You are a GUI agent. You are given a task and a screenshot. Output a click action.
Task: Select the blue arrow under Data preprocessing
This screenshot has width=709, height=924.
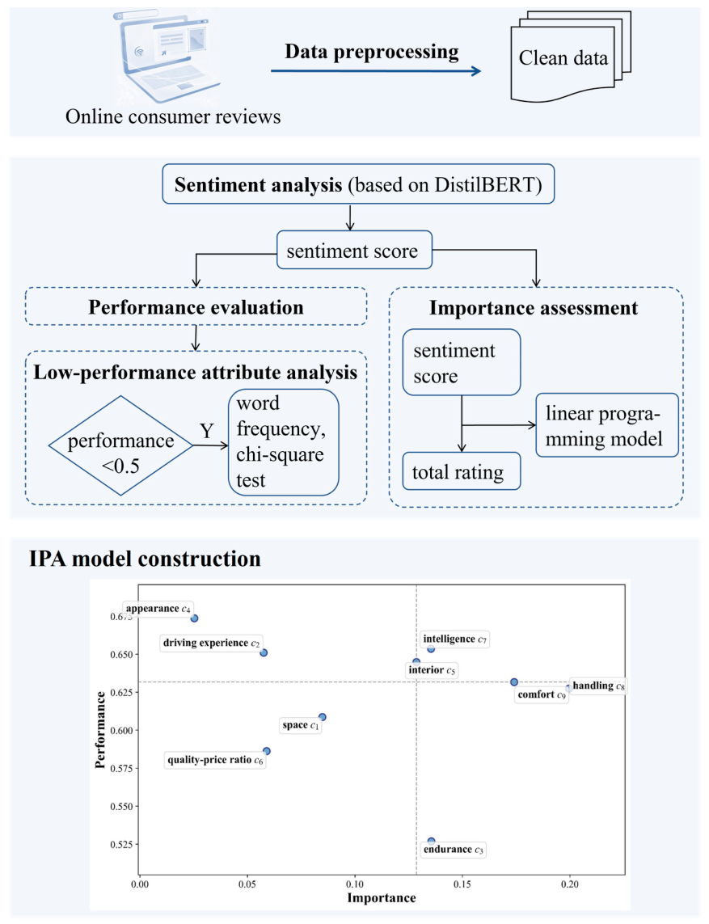coord(376,70)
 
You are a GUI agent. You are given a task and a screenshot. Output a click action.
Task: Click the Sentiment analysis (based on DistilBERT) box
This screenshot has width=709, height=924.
coord(358,184)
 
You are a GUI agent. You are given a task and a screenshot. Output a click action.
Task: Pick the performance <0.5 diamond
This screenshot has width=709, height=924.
coord(120,445)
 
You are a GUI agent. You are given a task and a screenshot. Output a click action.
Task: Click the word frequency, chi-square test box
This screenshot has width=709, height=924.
coord(284,442)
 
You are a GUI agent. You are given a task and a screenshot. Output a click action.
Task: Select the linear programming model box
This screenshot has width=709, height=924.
coord(607,425)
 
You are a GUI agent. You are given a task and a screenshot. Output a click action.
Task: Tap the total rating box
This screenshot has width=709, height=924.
coord(462,470)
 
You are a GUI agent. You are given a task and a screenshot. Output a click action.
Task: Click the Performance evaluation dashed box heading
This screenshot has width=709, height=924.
coord(196,306)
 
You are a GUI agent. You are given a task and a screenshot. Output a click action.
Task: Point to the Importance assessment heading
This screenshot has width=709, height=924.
coord(534,308)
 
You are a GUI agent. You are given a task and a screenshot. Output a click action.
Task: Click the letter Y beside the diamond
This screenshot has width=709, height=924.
coord(206,432)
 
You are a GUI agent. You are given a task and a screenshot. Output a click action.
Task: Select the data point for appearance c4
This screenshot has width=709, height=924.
coord(195,618)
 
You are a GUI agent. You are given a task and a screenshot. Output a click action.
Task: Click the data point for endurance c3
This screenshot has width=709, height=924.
coord(432,841)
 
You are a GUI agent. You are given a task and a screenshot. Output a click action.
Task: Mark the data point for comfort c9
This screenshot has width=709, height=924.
coord(514,681)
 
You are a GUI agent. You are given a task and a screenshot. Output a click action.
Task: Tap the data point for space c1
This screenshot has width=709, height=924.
coord(323,717)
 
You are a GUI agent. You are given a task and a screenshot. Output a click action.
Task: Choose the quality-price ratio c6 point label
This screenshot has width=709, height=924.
coord(215,760)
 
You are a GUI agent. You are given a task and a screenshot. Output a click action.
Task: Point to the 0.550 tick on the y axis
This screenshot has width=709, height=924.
coord(121,806)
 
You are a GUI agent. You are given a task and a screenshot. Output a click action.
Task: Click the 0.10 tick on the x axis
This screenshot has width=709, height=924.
coord(355,884)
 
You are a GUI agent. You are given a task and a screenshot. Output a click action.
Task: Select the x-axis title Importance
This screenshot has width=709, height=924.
coord(382,898)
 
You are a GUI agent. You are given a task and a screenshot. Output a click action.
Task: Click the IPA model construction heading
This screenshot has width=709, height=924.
coord(145,559)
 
